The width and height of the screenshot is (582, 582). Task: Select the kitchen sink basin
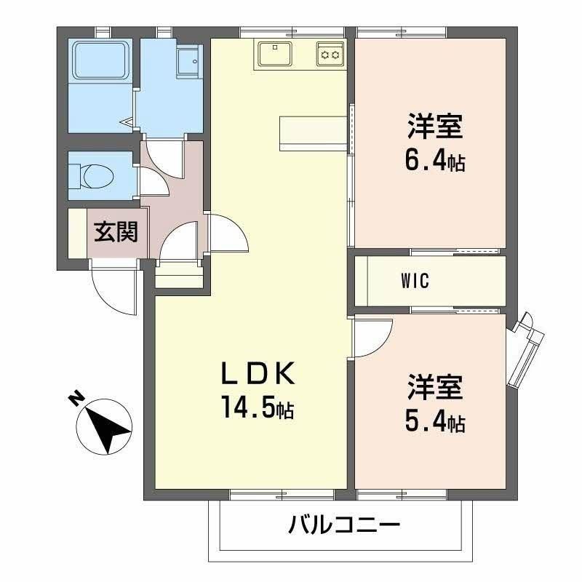point(276,53)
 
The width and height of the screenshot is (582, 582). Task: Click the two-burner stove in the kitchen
point(330,54)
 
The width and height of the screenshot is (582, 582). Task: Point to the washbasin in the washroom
point(190,61)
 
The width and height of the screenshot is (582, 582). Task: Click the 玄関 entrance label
point(116,232)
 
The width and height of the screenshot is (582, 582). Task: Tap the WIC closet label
point(415,281)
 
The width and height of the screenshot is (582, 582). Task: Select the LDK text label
point(258,372)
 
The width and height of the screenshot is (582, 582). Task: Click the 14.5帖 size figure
point(258,407)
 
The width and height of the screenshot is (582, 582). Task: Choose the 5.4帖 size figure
point(435,422)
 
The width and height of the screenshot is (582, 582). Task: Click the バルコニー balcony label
point(344,525)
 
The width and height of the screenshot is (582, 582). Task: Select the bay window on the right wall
point(526,350)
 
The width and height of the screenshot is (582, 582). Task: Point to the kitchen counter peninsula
point(314,134)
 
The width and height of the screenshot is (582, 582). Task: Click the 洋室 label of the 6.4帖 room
point(435,127)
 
